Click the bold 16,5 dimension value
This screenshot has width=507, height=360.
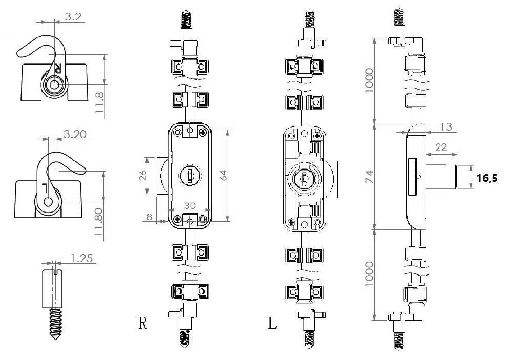(487, 178)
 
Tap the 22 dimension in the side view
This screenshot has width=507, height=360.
(441, 147)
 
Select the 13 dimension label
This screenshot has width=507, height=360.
(446, 126)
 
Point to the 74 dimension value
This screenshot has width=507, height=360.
(369, 176)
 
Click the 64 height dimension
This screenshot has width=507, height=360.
(223, 175)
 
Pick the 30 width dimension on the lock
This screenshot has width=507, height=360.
(190, 205)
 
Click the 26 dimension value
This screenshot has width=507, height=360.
(142, 175)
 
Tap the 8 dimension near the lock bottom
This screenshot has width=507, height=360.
(150, 217)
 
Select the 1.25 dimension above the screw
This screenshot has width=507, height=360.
(81, 258)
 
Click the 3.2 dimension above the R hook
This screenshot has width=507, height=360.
(73, 17)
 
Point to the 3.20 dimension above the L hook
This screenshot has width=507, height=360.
(75, 134)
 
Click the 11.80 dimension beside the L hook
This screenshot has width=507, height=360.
(98, 222)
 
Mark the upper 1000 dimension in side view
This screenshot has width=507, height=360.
(369, 80)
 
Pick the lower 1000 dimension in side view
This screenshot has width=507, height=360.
(369, 273)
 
